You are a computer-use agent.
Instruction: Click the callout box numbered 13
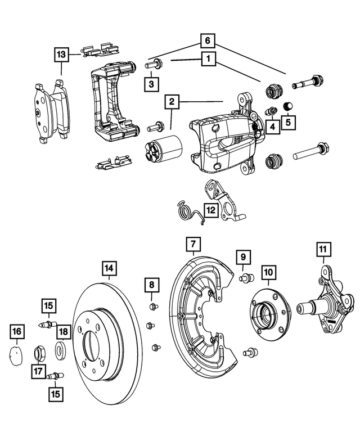tap(62, 55)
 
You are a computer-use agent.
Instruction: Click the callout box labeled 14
tap(110, 268)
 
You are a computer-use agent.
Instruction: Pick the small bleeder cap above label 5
tap(289, 105)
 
